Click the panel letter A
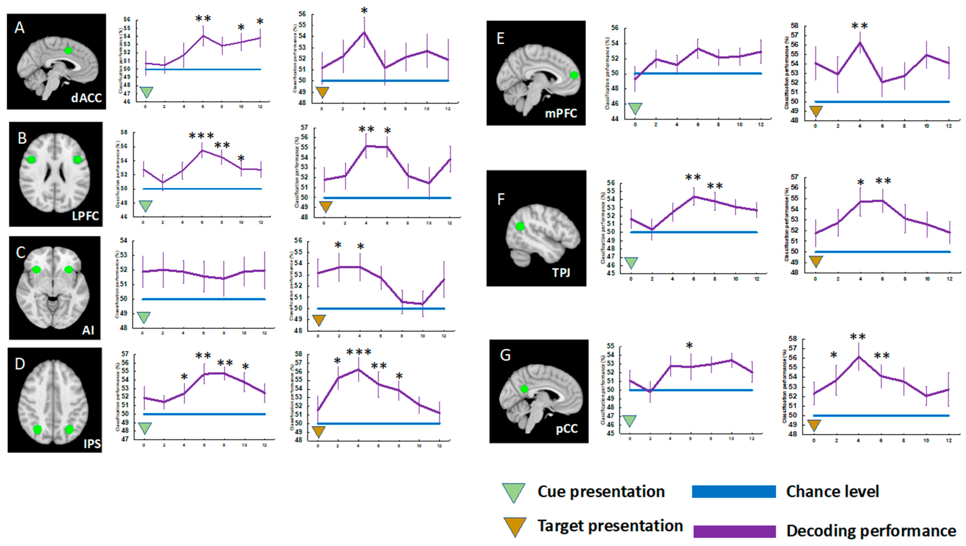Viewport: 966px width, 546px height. (20, 28)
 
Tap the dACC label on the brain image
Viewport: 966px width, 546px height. (86, 98)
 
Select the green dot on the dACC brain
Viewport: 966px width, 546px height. (68, 51)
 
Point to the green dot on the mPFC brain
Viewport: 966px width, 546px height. (574, 75)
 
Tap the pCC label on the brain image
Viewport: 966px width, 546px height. (566, 428)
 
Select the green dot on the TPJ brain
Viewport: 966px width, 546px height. (520, 226)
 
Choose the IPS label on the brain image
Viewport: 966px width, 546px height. (92, 444)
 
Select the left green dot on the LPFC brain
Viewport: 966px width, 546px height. (31, 159)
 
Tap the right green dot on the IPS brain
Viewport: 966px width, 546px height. (69, 429)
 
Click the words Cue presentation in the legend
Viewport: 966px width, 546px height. (601, 492)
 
